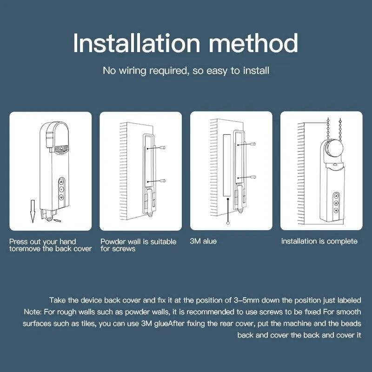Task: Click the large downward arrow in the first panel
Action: coord(31,210)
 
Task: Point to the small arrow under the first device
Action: coord(56,220)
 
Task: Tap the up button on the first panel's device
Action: coord(61,183)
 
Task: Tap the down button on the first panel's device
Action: coord(61,197)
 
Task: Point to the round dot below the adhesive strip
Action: coord(228,222)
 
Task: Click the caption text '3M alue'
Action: coord(203,241)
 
